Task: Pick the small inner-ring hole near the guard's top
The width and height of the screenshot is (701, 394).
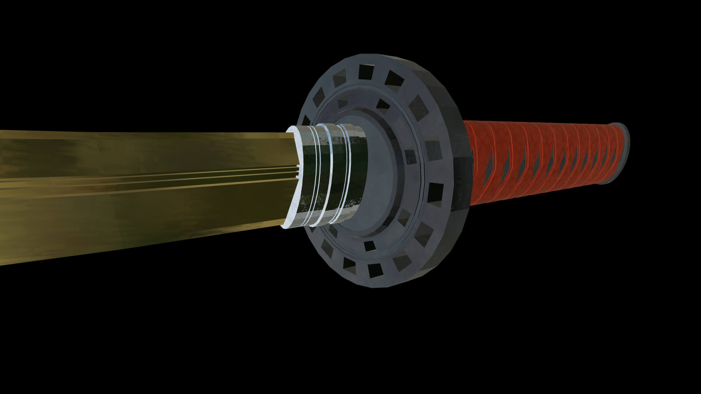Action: click(382, 104)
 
